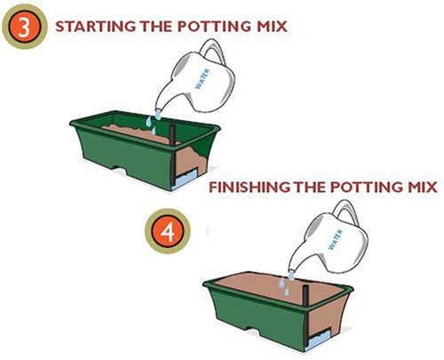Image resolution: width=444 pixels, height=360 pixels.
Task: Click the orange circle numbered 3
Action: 24,27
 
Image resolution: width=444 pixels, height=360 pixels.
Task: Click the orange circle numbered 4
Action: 167,231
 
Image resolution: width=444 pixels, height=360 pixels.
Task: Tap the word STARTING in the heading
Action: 95,27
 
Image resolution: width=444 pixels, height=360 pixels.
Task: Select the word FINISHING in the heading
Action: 250,188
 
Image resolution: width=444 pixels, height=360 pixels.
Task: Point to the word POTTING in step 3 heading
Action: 213,27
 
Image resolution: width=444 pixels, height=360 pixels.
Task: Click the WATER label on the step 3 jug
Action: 202,79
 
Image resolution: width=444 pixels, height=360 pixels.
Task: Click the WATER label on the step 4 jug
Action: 336,239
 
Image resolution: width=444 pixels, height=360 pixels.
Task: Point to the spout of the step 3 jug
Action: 158,113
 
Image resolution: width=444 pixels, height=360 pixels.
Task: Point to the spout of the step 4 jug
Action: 291,274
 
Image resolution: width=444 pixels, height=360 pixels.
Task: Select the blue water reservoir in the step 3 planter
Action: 185,180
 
